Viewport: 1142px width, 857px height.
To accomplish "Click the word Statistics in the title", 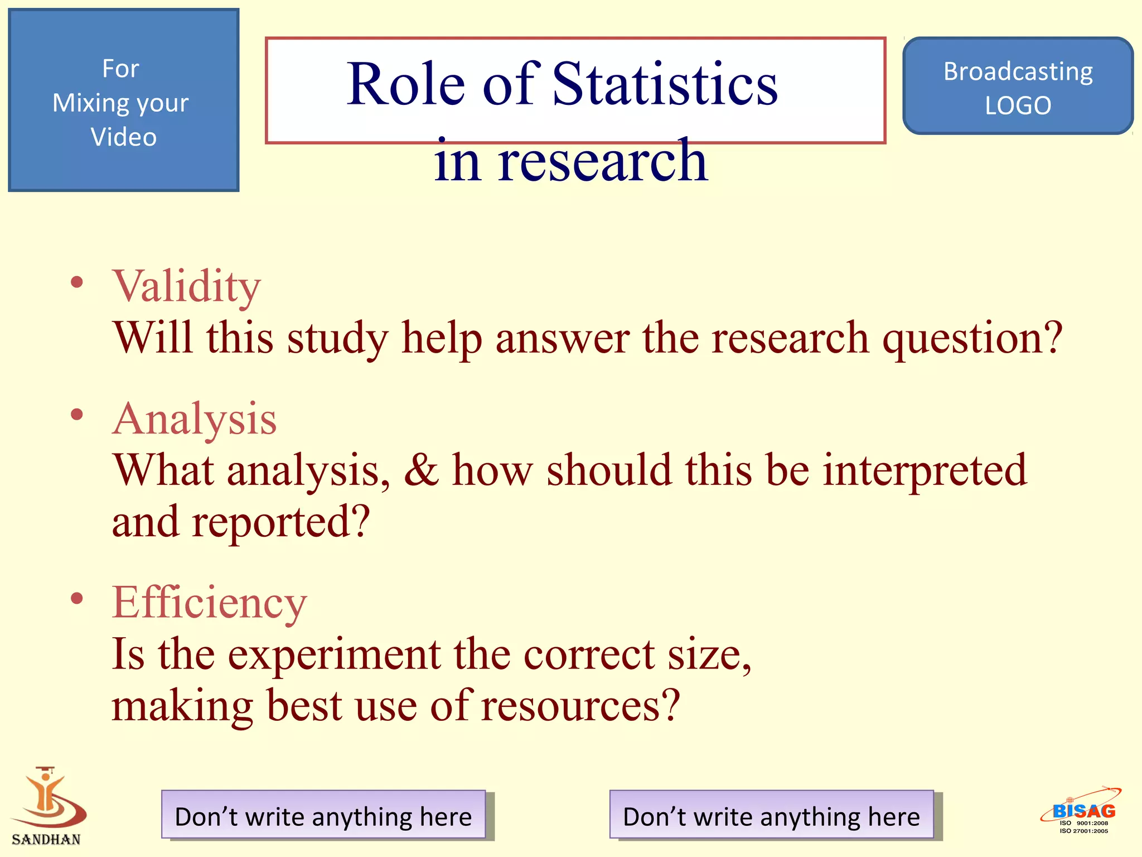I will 665,85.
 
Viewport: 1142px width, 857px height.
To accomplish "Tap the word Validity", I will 186,286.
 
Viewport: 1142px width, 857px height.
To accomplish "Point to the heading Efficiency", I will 209,603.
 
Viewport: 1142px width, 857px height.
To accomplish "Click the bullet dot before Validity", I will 77,282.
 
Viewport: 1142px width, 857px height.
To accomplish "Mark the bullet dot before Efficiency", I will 77,598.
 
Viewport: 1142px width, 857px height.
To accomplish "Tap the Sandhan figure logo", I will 48,798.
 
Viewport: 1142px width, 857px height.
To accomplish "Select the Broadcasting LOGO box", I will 1018,86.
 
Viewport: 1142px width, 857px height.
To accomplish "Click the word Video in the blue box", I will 124,137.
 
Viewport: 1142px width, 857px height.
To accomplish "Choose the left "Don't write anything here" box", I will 323,816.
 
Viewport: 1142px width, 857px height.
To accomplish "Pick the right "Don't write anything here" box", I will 771,816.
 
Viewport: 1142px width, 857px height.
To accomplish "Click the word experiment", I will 335,654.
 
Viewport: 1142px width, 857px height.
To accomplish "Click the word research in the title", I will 602,162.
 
